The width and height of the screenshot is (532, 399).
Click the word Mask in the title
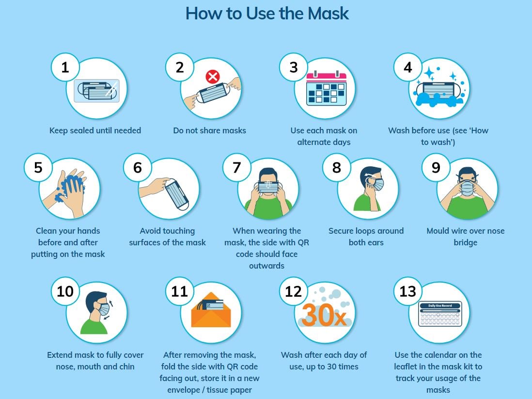pos(328,14)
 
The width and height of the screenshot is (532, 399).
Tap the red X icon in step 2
pos(213,77)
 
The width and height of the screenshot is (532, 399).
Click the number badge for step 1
pos(65,67)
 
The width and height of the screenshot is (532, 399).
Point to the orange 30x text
pos(324,315)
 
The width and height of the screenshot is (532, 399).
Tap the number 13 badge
pos(408,291)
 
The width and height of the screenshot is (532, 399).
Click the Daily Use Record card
pos(440,314)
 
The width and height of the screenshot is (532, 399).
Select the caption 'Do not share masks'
pos(209,130)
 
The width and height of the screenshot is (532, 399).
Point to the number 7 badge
pos(236,167)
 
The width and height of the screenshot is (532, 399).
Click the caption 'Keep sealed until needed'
pos(95,130)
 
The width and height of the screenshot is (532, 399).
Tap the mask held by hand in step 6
pos(177,194)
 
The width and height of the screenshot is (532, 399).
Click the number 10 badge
pos(65,291)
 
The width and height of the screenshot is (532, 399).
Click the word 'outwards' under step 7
pos(266,266)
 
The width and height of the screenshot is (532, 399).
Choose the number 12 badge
pos(294,291)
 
